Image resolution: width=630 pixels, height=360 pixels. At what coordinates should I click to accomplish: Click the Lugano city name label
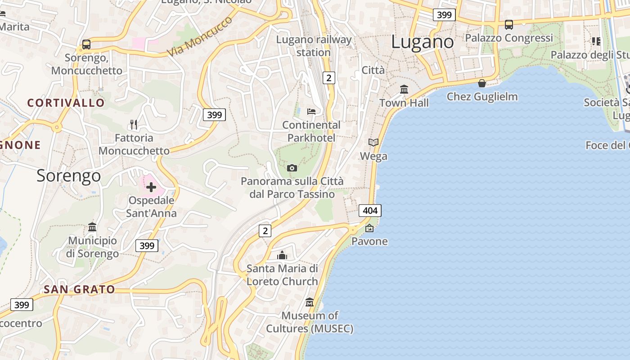pyautogui.click(x=423, y=42)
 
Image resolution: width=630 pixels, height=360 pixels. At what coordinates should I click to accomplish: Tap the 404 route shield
pyautogui.click(x=370, y=210)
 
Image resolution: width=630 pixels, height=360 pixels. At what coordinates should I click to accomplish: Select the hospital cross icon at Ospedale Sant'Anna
pyautogui.click(x=151, y=187)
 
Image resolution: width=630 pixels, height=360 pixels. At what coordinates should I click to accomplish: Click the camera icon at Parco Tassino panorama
pyautogui.click(x=292, y=168)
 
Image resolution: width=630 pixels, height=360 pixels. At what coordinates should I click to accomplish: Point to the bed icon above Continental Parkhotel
pyautogui.click(x=311, y=111)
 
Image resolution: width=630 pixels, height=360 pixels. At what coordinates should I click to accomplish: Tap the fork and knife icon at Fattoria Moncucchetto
pyautogui.click(x=133, y=124)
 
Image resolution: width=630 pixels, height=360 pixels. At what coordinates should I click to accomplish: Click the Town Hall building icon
pyautogui.click(x=404, y=90)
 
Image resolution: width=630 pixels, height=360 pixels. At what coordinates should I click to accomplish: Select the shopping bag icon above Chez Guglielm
pyautogui.click(x=482, y=83)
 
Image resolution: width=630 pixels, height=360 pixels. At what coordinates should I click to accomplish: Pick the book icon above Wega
pyautogui.click(x=373, y=142)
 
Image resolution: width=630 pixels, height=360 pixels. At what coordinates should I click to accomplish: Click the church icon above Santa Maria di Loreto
pyautogui.click(x=282, y=255)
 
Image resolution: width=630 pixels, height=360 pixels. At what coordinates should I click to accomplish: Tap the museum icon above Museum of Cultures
pyautogui.click(x=309, y=302)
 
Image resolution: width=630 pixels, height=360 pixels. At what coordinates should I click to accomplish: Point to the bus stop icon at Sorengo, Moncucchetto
pyautogui.click(x=86, y=45)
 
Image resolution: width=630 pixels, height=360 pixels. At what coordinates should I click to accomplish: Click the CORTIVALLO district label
pyautogui.click(x=66, y=103)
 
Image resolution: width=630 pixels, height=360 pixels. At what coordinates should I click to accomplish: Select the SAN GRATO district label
pyautogui.click(x=79, y=289)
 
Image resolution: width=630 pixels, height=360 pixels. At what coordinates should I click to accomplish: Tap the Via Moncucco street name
pyautogui.click(x=200, y=37)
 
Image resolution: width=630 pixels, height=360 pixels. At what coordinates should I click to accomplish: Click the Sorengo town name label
pyautogui.click(x=68, y=175)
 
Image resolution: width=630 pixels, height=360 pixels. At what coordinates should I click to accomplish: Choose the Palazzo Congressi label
pyautogui.click(x=508, y=38)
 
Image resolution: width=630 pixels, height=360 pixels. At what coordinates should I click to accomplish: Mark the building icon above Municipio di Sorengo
pyautogui.click(x=92, y=227)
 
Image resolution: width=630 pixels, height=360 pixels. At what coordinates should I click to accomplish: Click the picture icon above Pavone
pyautogui.click(x=369, y=228)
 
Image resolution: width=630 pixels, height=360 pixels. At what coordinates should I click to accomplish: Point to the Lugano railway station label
pyautogui.click(x=314, y=46)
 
